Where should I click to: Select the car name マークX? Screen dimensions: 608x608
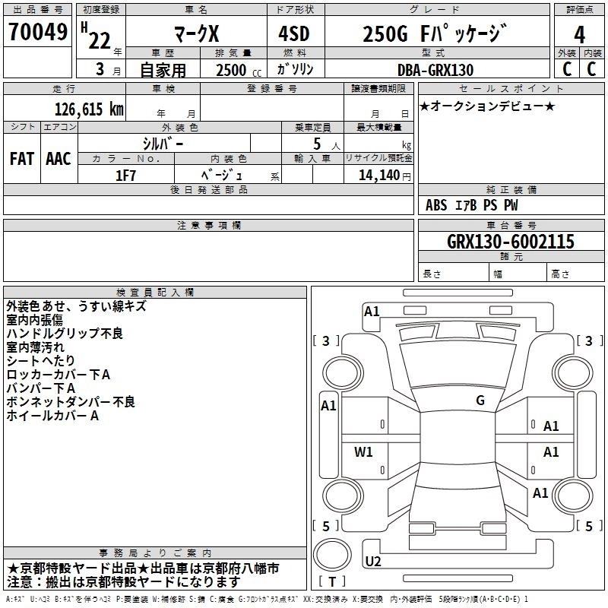pos(195,35)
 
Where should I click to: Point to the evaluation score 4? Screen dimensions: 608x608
pos(580,35)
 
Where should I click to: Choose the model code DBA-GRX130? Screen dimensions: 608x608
pos(435,70)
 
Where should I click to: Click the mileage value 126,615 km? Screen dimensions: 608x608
pos(89,109)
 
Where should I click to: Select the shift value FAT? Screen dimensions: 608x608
pos(21,158)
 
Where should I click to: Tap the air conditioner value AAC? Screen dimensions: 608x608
pos(59,158)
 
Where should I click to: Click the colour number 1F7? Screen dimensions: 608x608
pos(125,175)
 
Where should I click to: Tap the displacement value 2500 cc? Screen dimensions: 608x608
pos(238,70)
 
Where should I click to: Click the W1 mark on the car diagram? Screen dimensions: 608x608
pos(364,452)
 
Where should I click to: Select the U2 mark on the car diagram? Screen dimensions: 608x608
pos(373,562)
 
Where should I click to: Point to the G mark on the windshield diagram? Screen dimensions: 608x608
pos(480,401)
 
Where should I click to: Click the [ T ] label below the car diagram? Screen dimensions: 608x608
pos(332,582)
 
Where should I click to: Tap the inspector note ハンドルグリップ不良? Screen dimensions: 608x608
pos(65,334)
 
